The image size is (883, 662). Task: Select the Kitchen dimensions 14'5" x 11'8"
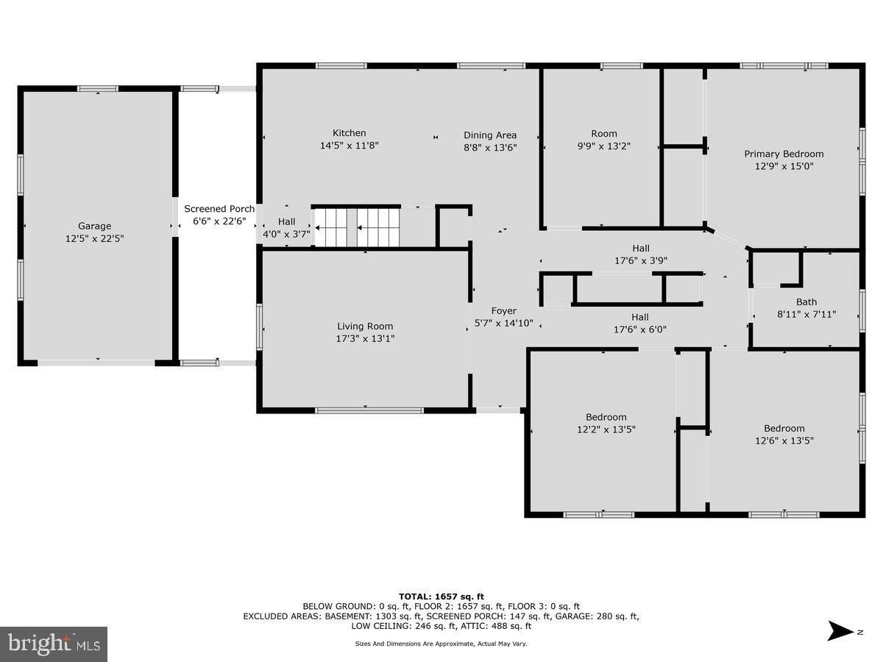[349, 146]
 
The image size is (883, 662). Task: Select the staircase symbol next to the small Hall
[357, 227]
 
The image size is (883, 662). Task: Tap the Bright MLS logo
[54, 644]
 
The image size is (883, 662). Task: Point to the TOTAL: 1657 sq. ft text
[441, 597]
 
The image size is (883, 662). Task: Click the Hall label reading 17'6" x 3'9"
[640, 254]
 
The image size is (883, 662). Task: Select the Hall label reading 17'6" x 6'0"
[640, 324]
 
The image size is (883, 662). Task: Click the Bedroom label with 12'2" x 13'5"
[606, 423]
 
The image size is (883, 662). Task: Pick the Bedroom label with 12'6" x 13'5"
[784, 434]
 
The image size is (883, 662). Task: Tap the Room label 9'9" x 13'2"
[603, 140]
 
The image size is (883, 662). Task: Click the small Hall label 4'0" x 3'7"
[286, 228]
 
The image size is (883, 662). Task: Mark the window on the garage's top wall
[98, 89]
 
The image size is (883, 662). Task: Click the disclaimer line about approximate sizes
[441, 644]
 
